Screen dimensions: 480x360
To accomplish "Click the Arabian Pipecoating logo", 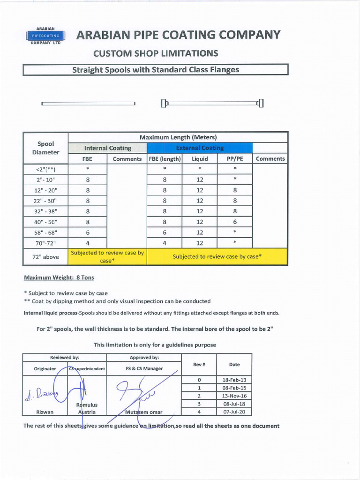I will click(45, 36).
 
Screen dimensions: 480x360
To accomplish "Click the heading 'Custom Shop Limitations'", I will click(156, 53).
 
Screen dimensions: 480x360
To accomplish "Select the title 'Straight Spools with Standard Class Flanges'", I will click(155, 70).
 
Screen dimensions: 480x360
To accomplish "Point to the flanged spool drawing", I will click(212, 103).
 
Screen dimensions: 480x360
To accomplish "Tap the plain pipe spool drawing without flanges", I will click(88, 104).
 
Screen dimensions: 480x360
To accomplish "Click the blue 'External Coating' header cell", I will click(200, 148).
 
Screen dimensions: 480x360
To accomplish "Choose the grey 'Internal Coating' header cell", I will click(107, 148).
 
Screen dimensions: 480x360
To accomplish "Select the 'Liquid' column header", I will click(200, 159).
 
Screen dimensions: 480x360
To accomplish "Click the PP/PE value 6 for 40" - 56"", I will click(235, 222).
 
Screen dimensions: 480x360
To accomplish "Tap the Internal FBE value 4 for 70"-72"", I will click(88, 243).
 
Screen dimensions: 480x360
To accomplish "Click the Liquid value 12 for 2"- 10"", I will click(200, 180).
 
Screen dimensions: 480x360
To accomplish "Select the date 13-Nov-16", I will click(234, 396).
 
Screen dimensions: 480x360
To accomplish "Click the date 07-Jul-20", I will click(234, 412).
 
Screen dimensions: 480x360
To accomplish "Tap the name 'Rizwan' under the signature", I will click(45, 412).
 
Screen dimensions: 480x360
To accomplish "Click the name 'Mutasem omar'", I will click(144, 412).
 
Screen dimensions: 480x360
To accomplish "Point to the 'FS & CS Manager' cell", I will click(144, 368).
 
